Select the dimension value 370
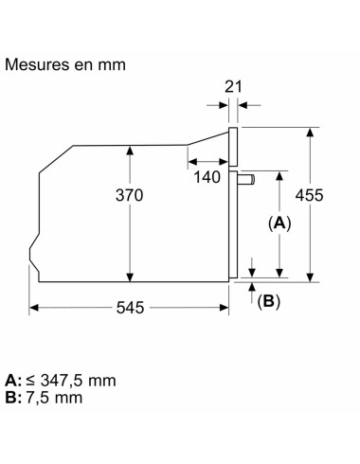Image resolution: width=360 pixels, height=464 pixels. pos(129,195)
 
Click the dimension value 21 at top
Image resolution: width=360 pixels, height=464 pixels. pos(234,86)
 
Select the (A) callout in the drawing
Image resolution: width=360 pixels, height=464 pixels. pos(279,224)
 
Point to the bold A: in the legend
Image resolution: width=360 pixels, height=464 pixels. pos(12,380)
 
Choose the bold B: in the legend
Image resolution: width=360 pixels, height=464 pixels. pos(12,397)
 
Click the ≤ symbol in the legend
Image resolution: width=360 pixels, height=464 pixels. pos(31,381)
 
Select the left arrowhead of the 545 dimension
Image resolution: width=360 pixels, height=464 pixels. pos(34,308)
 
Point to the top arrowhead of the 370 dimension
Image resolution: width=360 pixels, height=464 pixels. pos(130,148)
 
